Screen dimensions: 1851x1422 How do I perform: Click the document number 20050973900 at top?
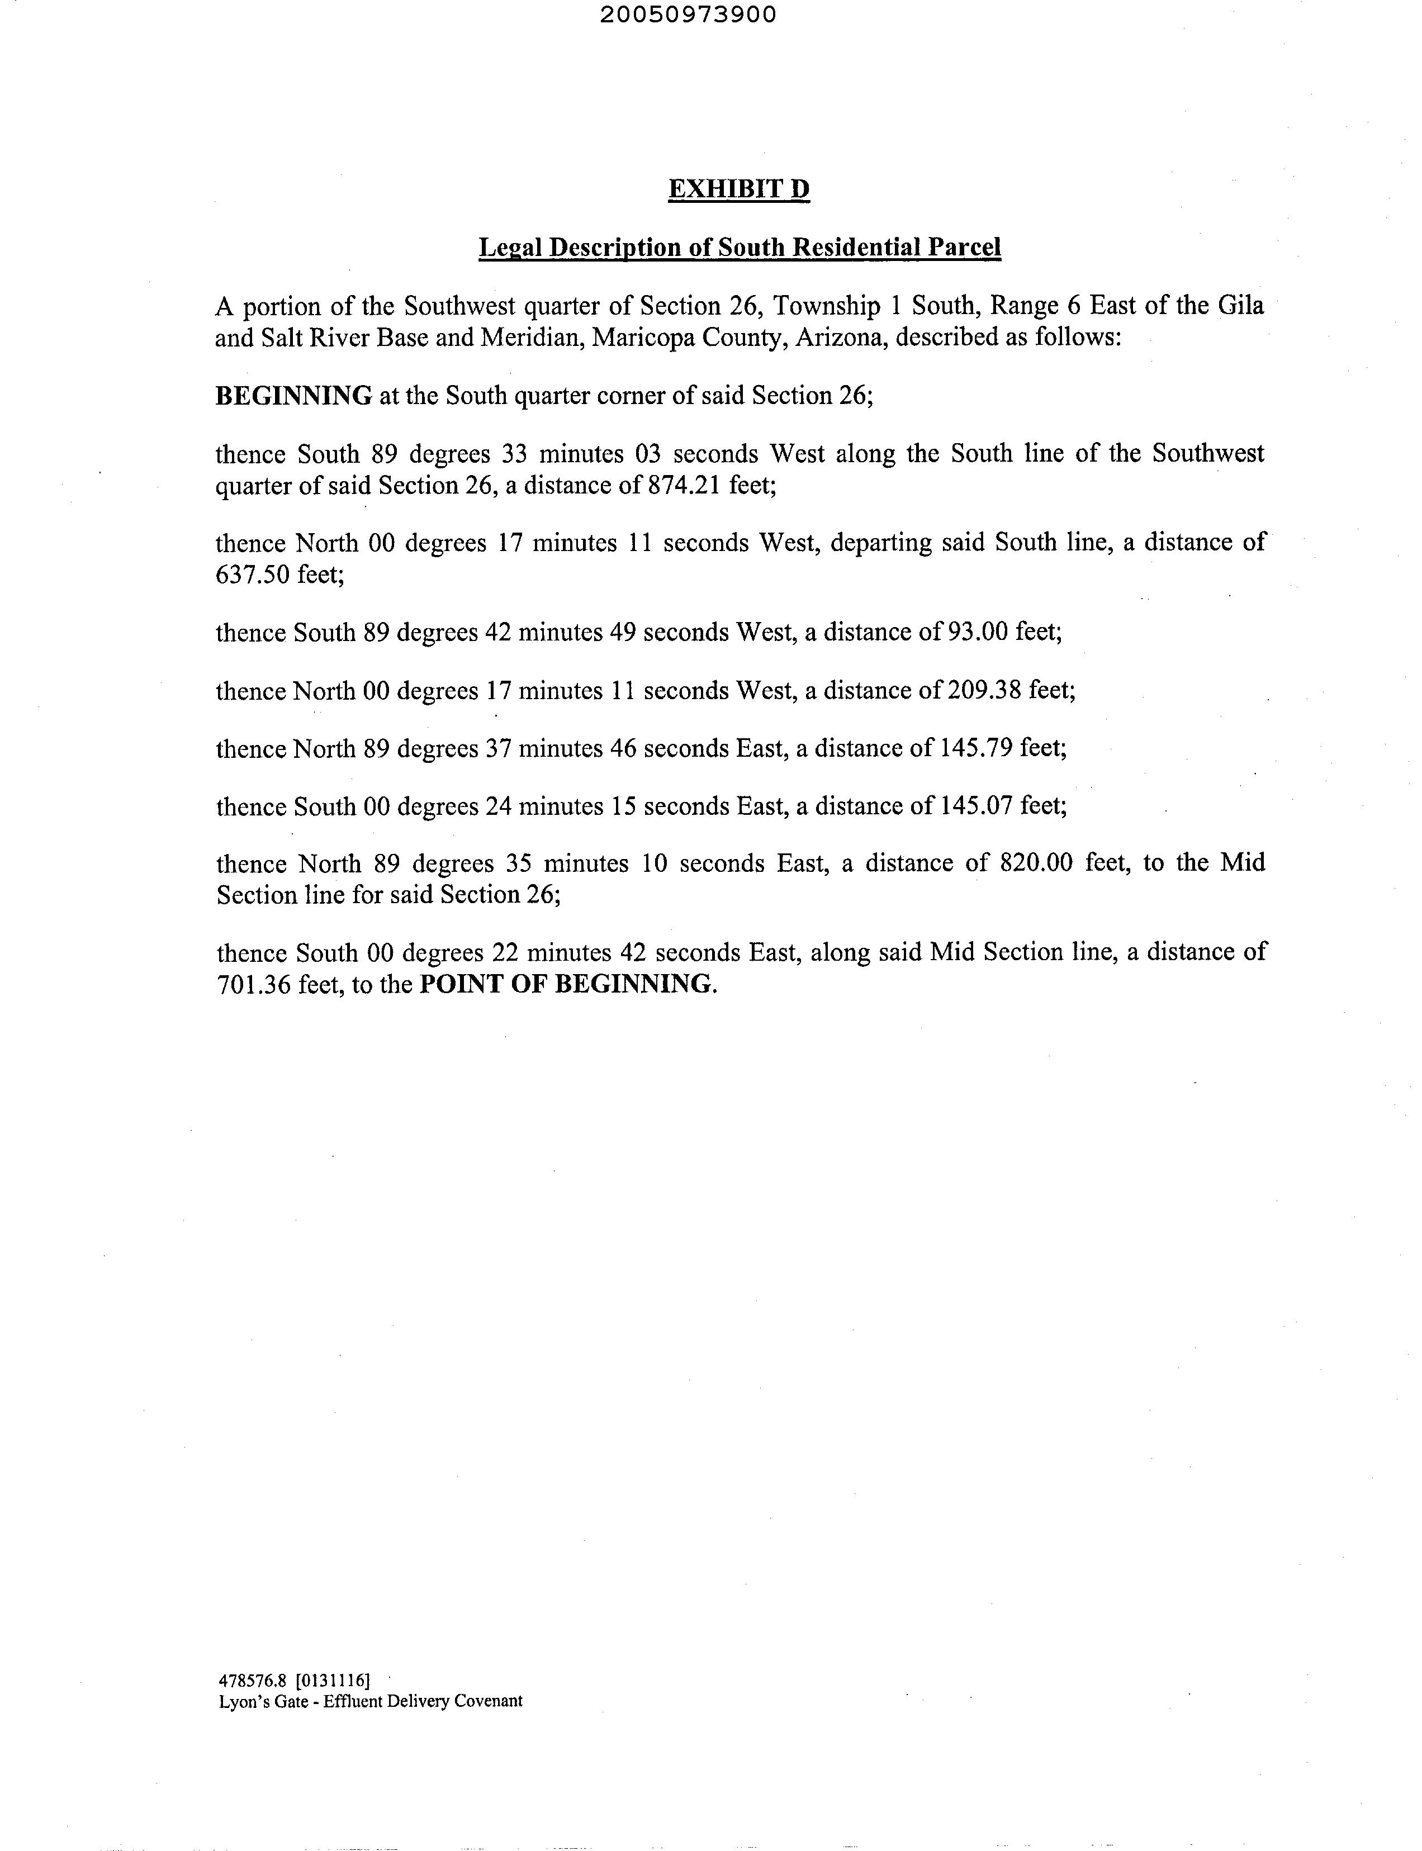point(688,15)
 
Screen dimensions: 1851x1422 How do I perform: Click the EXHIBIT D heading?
point(738,189)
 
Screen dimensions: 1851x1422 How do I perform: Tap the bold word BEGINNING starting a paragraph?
point(293,395)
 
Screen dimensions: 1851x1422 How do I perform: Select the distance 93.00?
point(973,632)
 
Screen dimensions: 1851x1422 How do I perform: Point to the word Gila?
point(1240,305)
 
